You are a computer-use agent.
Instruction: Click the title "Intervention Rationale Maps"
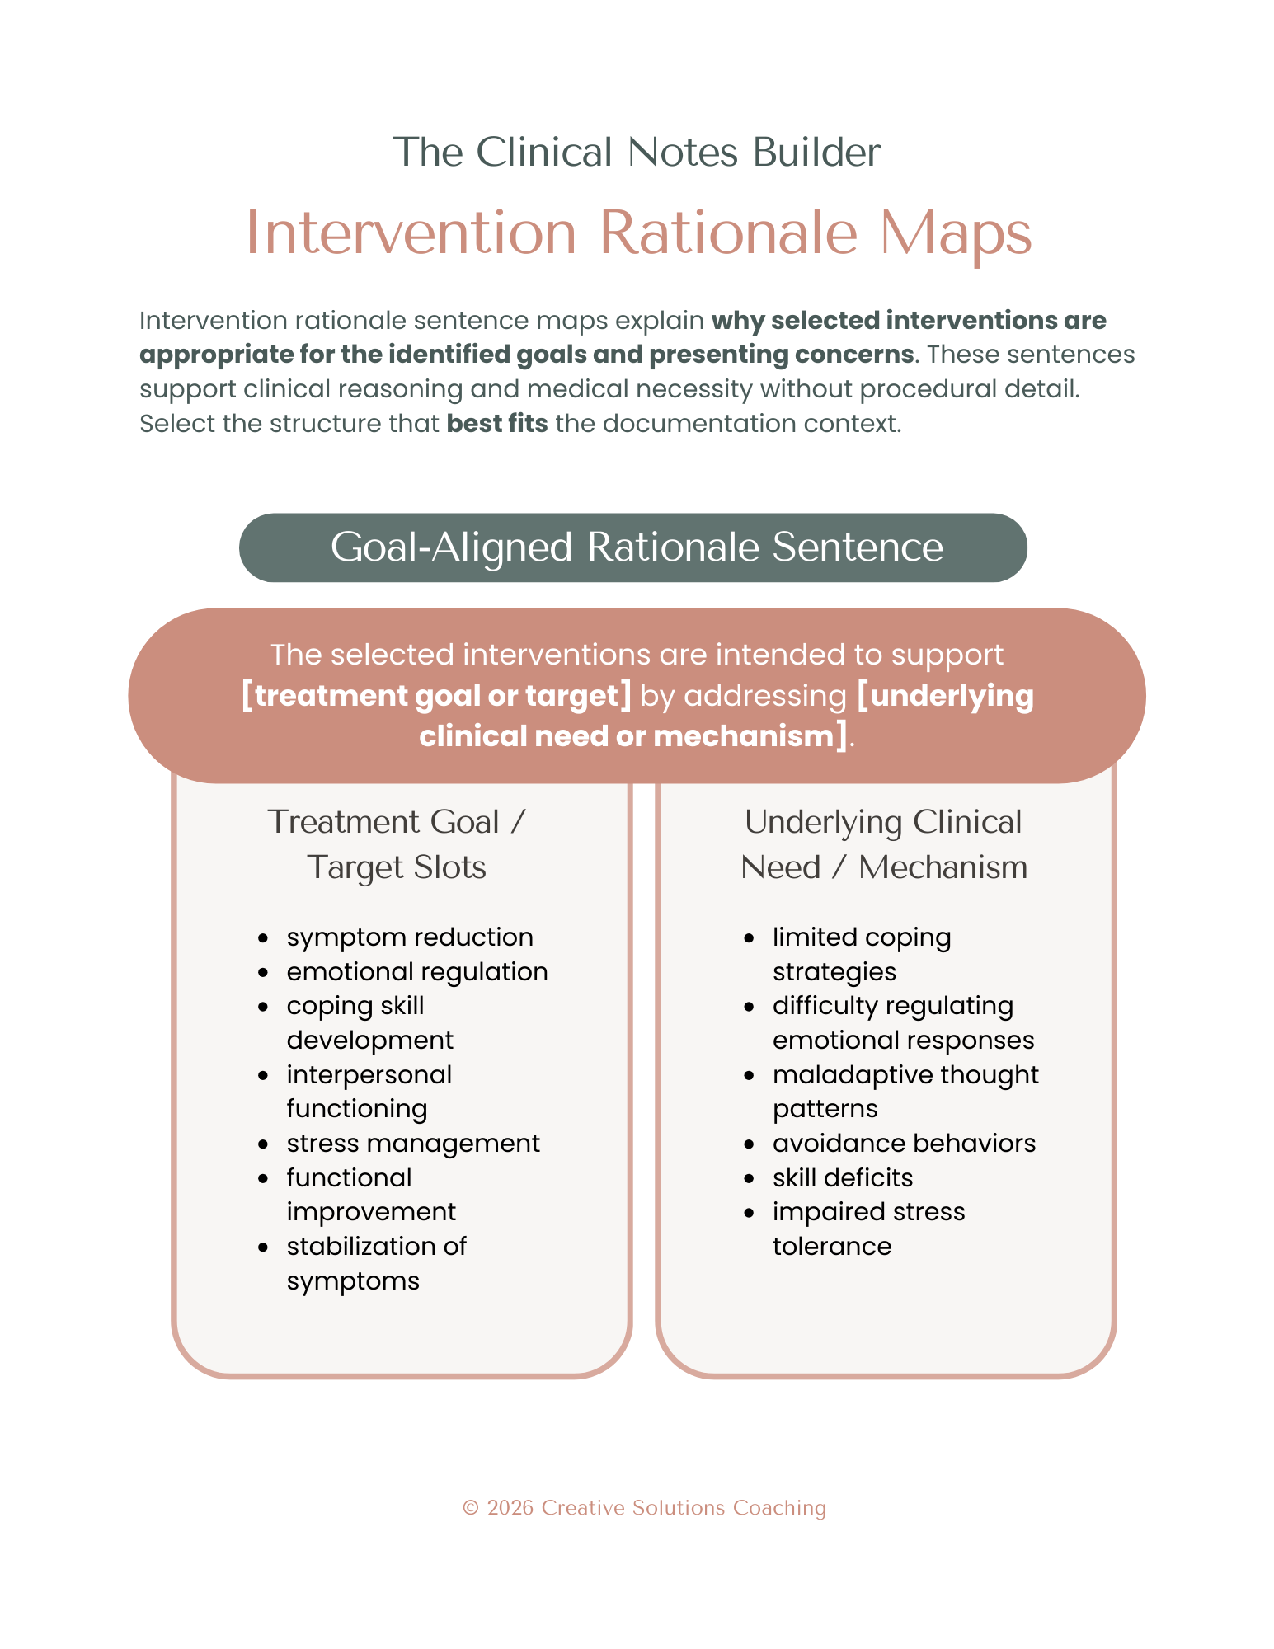[x=638, y=233]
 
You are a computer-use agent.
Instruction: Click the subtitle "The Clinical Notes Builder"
[x=637, y=153]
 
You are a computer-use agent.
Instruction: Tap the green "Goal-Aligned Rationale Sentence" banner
[x=632, y=547]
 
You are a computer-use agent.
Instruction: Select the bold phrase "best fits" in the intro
[x=496, y=424]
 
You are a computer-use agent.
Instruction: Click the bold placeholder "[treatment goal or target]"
[x=436, y=696]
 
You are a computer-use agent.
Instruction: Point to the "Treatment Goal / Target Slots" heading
[x=397, y=844]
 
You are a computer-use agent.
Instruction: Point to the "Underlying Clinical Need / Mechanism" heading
[x=883, y=844]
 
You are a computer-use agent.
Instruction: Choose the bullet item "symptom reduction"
[x=410, y=937]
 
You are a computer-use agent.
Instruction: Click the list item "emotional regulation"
[x=416, y=972]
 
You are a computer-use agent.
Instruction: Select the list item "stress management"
[x=413, y=1144]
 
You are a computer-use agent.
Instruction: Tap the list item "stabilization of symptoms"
[x=376, y=1263]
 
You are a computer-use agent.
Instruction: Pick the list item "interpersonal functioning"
[x=369, y=1092]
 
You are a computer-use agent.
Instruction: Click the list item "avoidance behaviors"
[x=904, y=1144]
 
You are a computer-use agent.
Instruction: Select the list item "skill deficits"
[x=842, y=1178]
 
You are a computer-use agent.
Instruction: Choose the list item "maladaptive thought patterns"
[x=905, y=1092]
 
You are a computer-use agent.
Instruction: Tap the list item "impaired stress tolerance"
[x=867, y=1229]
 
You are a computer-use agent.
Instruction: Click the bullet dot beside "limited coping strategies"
[x=749, y=938]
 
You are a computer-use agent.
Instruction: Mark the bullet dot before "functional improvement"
[x=263, y=1179]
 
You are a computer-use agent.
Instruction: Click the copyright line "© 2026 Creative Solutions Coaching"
[x=644, y=1508]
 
